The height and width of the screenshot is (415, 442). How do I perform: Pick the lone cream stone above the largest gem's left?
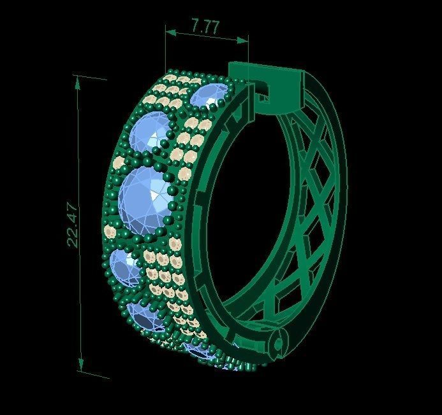click(117, 164)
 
